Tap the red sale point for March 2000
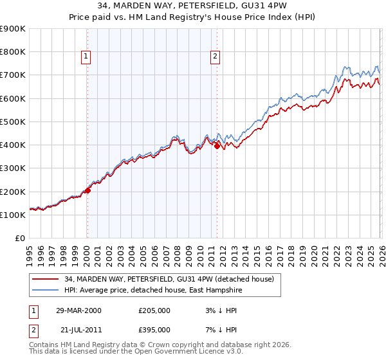87,190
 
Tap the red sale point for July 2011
217,146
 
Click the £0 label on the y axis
19,239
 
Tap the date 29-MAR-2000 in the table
79,310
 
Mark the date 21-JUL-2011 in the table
78,329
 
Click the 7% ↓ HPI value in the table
217,329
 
